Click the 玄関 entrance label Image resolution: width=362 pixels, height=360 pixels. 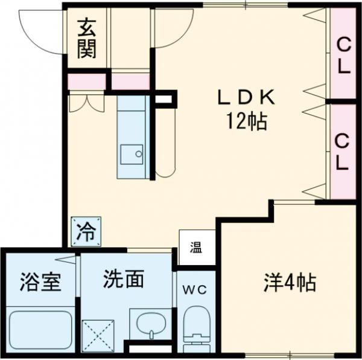86,39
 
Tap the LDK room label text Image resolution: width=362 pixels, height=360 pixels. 246,97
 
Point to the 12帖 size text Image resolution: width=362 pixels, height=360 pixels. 247,122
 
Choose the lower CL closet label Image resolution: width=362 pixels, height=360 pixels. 342,152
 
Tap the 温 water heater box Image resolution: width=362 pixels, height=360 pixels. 196,248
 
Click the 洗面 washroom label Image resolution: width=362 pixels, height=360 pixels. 123,279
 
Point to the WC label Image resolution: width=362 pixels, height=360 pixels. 195,290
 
